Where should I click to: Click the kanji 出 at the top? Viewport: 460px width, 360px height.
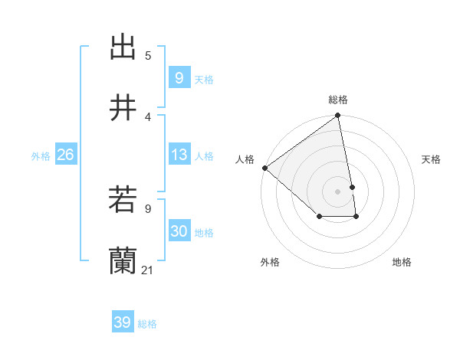click(x=123, y=47)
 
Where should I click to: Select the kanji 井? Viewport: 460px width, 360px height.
click(x=123, y=108)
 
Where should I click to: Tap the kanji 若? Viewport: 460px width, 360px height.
click(x=123, y=200)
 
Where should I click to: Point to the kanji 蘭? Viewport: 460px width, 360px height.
click(x=123, y=261)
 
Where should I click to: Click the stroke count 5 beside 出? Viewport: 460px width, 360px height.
click(x=148, y=55)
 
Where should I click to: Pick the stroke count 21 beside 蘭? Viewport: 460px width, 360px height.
click(x=148, y=270)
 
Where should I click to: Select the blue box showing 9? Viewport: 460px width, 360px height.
click(x=179, y=78)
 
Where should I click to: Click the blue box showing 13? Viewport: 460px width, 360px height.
click(x=179, y=155)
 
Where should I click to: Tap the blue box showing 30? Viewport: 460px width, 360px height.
click(x=179, y=231)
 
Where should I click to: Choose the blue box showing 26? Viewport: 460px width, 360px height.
click(x=65, y=155)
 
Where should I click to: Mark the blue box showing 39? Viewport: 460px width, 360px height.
click(x=122, y=322)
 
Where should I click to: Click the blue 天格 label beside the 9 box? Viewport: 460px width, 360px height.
click(x=204, y=80)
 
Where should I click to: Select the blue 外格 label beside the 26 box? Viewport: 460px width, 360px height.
click(x=41, y=156)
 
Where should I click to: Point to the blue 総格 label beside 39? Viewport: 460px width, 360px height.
click(x=147, y=324)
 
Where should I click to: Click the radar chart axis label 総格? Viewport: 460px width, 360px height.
click(x=338, y=100)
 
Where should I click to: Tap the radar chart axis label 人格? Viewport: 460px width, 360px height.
click(x=245, y=159)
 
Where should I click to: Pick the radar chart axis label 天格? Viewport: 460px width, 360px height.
click(x=432, y=159)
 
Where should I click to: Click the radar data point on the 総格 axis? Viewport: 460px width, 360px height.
click(x=338, y=116)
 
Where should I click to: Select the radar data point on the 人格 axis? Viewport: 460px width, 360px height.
click(x=264, y=168)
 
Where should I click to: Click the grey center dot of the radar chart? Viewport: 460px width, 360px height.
click(x=338, y=191)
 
